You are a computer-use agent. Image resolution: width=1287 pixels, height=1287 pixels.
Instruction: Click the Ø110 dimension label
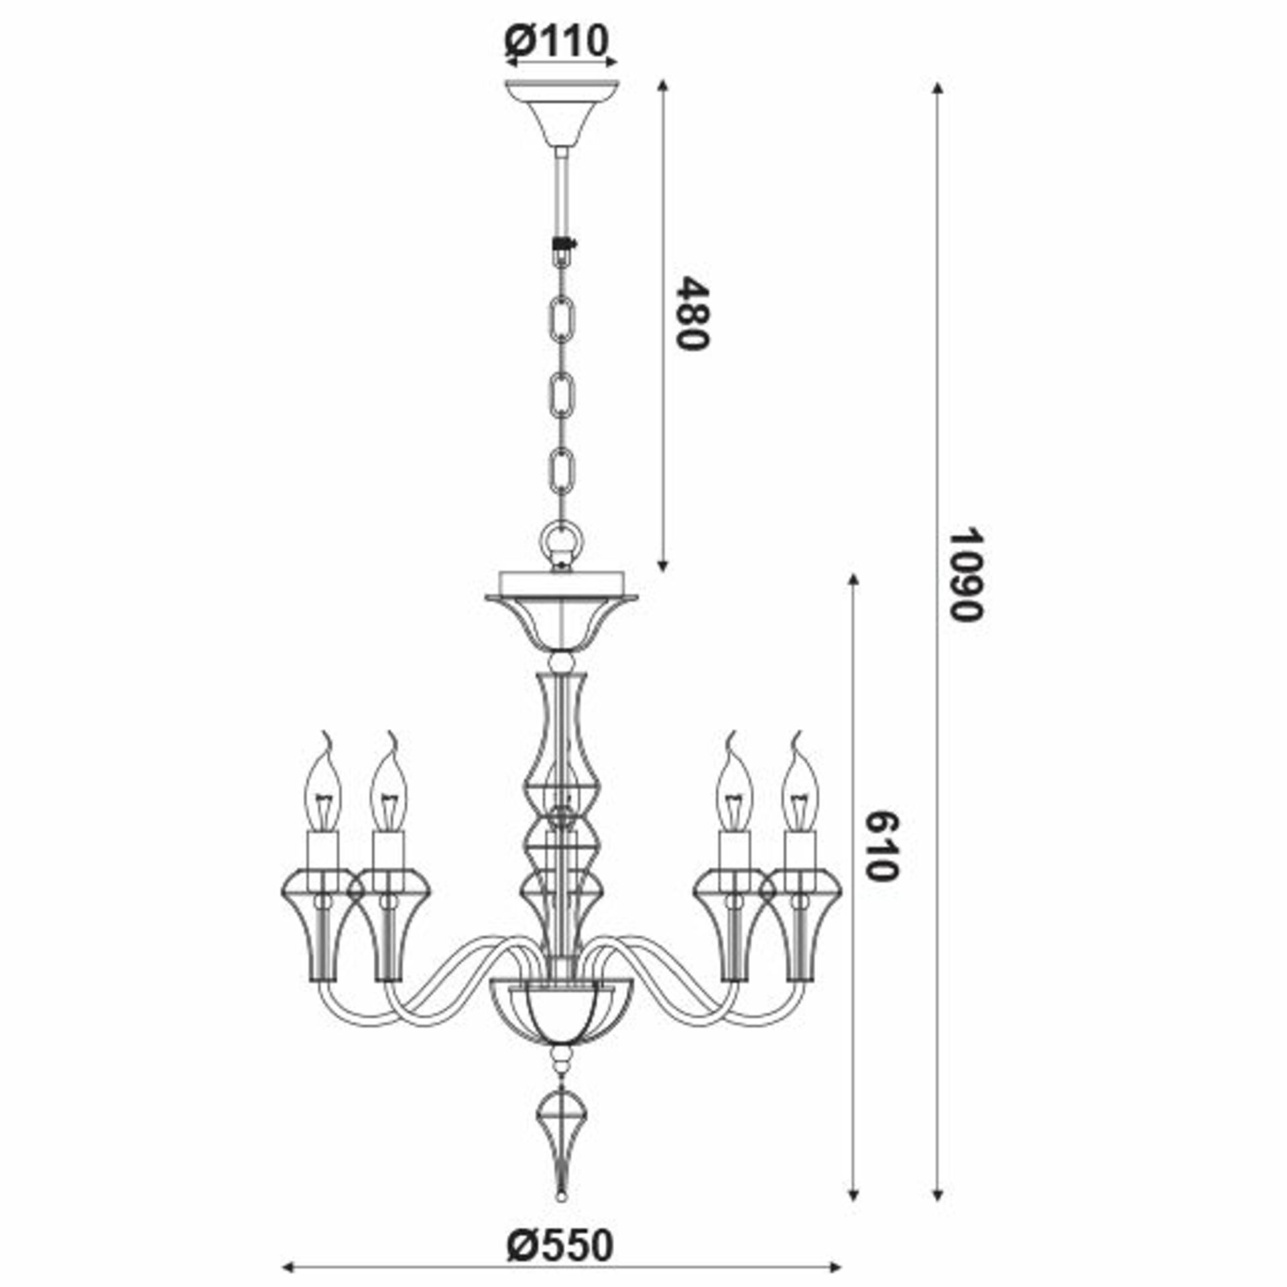(556, 41)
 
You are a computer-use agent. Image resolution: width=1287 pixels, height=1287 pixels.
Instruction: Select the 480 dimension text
(690, 313)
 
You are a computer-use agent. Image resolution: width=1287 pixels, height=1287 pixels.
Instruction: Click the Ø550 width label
(560, 1209)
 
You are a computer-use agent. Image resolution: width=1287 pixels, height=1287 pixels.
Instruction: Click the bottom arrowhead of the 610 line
(853, 1175)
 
